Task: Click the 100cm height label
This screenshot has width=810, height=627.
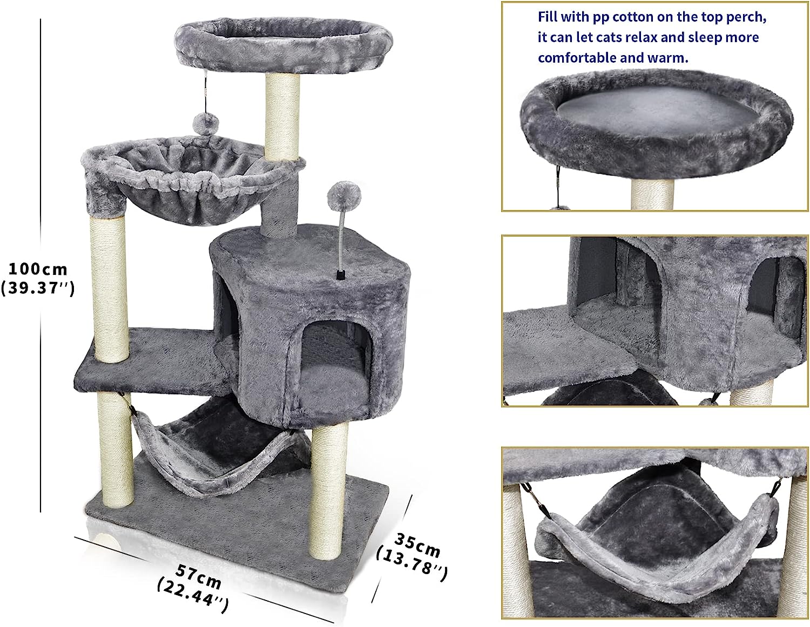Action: click(37, 268)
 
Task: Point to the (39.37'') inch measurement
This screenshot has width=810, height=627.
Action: click(37, 288)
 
